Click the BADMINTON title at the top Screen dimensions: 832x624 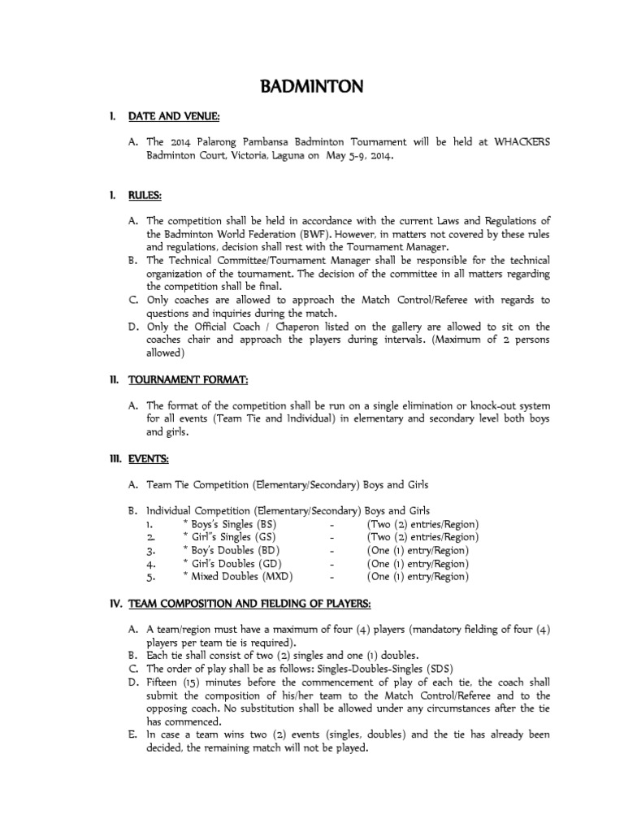(311, 86)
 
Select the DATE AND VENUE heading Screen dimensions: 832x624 (174, 118)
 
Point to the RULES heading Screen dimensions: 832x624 (145, 196)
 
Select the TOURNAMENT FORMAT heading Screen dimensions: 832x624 (188, 379)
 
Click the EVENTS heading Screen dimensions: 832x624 (148, 459)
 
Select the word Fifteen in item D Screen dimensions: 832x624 (165, 682)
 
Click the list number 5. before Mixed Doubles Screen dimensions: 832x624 (150, 577)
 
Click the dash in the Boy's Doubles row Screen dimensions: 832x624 (333, 551)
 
